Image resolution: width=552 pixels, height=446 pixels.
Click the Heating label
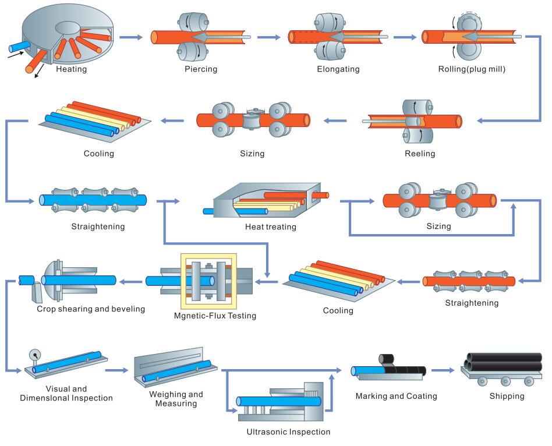[x=71, y=69]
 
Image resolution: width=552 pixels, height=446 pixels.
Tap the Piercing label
[x=201, y=69]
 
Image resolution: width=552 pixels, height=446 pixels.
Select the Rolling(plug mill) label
[x=472, y=69]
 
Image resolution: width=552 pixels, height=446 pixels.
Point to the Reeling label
[x=420, y=154]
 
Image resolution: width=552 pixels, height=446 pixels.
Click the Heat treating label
[x=270, y=227]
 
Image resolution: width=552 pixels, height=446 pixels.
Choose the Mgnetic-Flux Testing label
[x=215, y=316]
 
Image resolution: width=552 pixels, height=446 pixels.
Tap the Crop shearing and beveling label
[x=91, y=309]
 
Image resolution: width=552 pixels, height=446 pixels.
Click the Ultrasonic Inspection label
[x=288, y=432]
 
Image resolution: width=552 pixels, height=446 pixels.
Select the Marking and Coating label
[x=396, y=397]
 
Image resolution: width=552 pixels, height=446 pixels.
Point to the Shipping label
[x=507, y=397]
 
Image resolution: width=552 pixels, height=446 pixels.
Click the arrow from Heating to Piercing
[x=131, y=37]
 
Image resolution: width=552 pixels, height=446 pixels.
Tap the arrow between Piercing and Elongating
[x=268, y=37]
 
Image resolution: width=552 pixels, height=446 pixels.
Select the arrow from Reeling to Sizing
[x=335, y=121]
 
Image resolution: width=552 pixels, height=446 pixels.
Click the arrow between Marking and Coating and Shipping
[x=443, y=370]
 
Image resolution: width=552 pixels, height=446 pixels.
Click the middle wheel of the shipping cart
[x=505, y=381]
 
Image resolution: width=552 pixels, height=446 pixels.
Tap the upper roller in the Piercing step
[x=193, y=22]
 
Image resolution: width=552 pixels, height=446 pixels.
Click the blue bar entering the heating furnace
[x=19, y=46]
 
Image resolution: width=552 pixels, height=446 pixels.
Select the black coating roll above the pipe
[x=387, y=360]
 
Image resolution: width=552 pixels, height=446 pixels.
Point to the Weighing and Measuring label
[x=176, y=399]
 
